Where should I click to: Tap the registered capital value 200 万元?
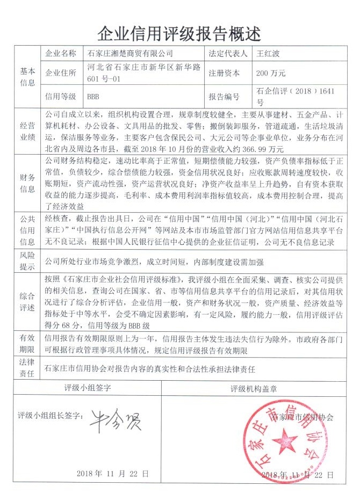tap(271, 73)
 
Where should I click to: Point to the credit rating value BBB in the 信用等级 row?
tap(94, 97)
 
